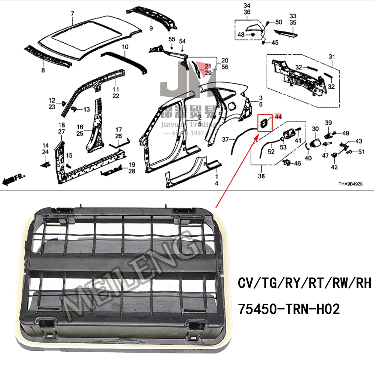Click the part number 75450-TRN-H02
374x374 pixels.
pos(289,309)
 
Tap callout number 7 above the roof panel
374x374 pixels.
pos(73,14)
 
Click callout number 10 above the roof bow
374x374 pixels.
pos(151,28)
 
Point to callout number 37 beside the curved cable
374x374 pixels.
pos(225,140)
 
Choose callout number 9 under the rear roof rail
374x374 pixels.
pos(151,28)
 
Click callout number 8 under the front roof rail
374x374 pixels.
pos(43,70)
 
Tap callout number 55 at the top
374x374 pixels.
pos(171,39)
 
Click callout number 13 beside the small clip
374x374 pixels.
pos(86,110)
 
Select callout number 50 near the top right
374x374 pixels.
pos(279,22)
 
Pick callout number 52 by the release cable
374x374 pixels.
pos(271,151)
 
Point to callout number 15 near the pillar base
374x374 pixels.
pos(69,155)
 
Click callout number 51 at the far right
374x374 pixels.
pos(361,151)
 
